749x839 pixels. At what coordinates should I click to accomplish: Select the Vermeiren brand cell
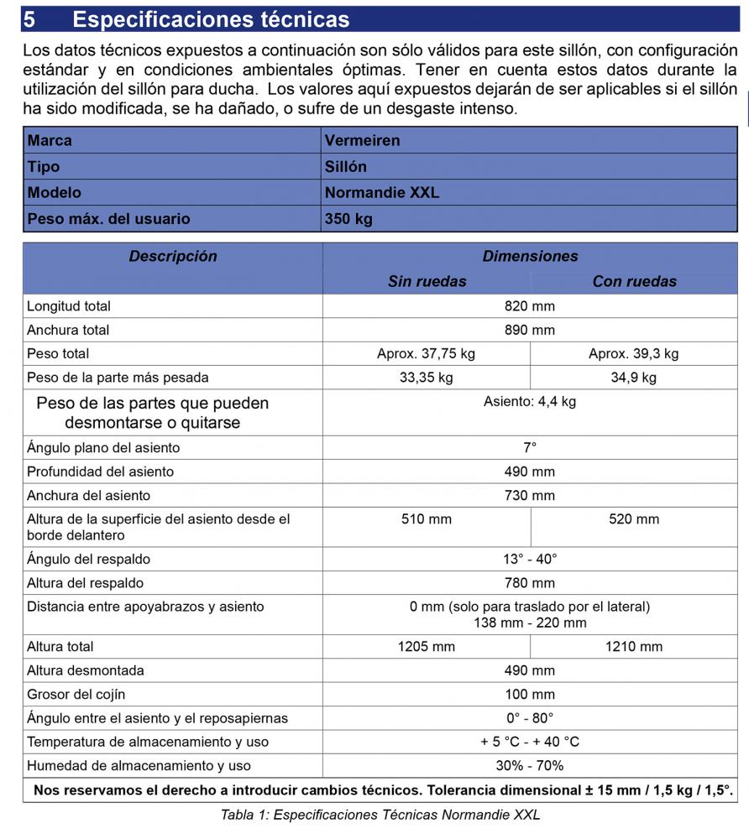(x=362, y=140)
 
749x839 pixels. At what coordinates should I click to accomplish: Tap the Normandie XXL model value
(x=381, y=192)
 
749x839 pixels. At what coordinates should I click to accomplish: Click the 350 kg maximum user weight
(x=348, y=219)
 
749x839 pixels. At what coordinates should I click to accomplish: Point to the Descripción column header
(x=172, y=257)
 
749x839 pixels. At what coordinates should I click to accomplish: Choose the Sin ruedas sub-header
(x=427, y=282)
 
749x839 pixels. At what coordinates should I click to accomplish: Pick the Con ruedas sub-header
(x=634, y=282)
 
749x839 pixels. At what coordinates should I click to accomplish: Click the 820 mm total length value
(x=529, y=306)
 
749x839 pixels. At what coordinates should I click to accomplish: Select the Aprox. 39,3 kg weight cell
(x=633, y=353)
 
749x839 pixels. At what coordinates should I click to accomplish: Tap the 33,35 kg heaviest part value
(x=426, y=378)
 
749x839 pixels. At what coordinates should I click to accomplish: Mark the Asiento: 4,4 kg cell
(x=529, y=402)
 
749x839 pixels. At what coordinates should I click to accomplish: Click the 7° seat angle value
(x=529, y=448)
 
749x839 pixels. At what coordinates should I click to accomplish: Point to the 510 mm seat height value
(x=426, y=519)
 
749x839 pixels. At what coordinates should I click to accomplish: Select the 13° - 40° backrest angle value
(x=529, y=559)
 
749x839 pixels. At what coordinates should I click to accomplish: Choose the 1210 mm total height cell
(x=633, y=646)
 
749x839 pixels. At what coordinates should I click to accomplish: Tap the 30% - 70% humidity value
(x=529, y=765)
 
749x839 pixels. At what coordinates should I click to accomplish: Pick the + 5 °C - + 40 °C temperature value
(x=529, y=742)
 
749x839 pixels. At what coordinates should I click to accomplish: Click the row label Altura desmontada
(x=85, y=670)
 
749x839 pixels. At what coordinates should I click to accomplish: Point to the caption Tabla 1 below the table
(x=380, y=815)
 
